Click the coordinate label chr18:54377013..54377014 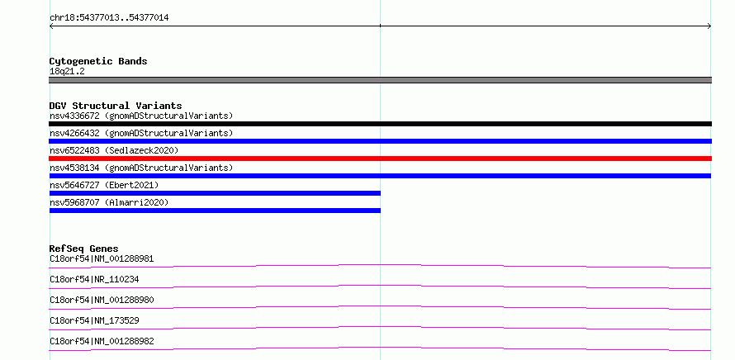(x=109, y=18)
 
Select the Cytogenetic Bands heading (x=98, y=61)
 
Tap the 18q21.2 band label (x=67, y=72)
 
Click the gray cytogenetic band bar (x=380, y=80)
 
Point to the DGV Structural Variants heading (x=116, y=106)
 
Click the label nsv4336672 (x=74, y=116)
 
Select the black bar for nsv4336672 (x=380, y=124)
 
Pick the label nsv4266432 (x=74, y=133)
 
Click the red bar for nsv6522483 (x=380, y=159)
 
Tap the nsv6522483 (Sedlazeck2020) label (x=114, y=150)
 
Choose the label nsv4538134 (x=74, y=168)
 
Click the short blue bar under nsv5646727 (x=216, y=193)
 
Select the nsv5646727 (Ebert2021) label (x=104, y=185)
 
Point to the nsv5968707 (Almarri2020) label (x=109, y=202)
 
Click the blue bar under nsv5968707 (x=216, y=211)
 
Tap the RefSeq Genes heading (x=84, y=249)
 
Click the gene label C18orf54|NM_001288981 (x=102, y=258)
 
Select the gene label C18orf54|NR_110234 (x=94, y=279)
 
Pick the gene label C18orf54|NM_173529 (x=94, y=320)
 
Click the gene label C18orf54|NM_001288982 (x=102, y=341)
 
